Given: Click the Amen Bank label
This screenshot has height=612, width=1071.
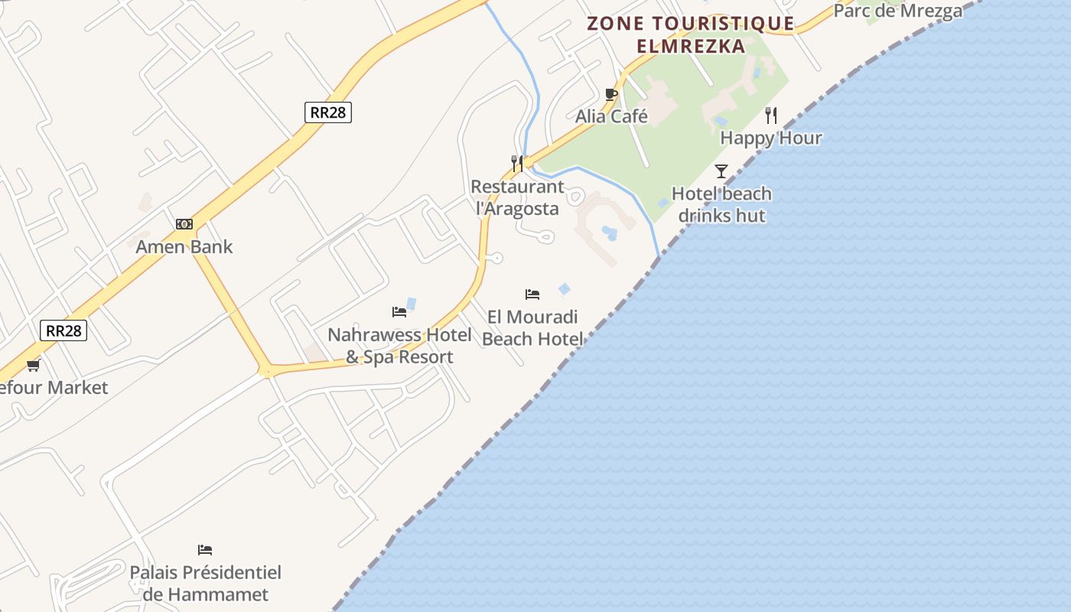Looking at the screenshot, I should [184, 246].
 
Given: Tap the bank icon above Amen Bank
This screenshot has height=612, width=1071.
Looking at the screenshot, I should [184, 224].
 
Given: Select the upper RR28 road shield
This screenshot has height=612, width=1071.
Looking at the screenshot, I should [328, 112].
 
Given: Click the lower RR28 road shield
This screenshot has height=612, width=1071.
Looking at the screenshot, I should [63, 330].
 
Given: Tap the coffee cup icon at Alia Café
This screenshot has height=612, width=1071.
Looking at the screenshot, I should [610, 94].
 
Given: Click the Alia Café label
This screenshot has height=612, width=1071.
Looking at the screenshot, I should [611, 116].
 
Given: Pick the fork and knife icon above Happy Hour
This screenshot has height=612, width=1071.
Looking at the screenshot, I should [771, 116].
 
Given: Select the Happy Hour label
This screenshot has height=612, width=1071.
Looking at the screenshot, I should [770, 138].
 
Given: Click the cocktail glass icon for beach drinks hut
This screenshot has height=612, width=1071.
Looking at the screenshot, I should [721, 171].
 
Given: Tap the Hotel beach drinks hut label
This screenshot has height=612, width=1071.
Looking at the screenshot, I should [721, 204].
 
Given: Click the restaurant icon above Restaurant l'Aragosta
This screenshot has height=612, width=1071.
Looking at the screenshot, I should [517, 163].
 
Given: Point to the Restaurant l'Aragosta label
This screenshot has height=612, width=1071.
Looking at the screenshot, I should [517, 197].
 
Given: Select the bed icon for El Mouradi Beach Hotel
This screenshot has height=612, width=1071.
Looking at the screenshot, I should [532, 295].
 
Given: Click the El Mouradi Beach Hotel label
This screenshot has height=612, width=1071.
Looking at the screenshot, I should [532, 327].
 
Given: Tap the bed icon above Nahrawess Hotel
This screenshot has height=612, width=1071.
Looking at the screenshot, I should [399, 311].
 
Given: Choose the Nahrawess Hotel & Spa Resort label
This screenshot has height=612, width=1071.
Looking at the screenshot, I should [399, 345].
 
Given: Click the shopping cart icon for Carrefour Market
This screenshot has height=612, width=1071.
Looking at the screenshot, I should [33, 365].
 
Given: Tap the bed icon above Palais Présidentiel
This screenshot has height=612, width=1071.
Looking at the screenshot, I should [205, 549].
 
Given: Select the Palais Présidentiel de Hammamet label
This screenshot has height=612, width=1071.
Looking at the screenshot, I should [205, 583].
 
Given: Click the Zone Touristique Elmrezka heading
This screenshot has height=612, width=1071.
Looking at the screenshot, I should [691, 34].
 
